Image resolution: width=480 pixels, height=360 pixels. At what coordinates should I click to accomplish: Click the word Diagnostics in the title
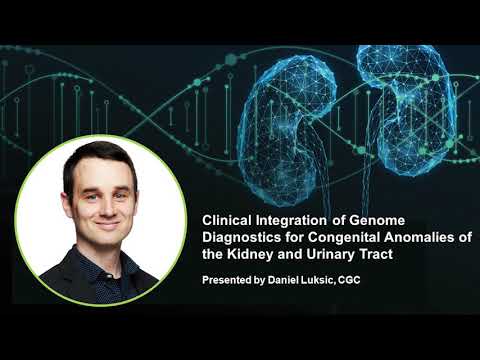(241, 237)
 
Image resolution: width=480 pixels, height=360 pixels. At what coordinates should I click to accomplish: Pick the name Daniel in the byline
(293, 281)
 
